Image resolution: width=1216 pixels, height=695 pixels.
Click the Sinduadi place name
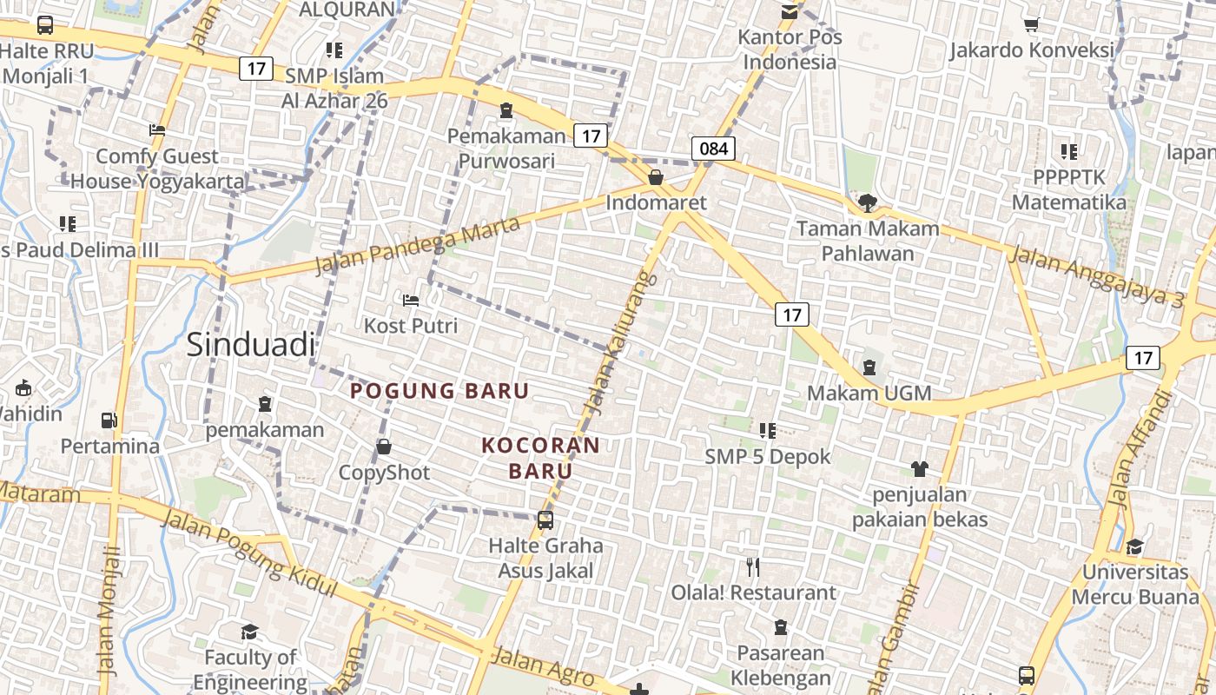(x=251, y=345)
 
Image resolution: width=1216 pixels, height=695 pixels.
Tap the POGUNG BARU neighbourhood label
(x=439, y=391)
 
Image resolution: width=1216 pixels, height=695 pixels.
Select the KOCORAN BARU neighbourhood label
(x=541, y=458)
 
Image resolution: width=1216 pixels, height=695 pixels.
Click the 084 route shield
(x=714, y=148)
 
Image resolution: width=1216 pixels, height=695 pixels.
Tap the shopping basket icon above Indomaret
(x=656, y=177)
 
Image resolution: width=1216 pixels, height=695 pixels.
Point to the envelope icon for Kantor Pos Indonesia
(x=790, y=11)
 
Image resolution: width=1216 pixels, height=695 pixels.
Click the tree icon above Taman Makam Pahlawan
(x=867, y=203)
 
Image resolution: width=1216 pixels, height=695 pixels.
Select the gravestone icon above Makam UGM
(x=869, y=367)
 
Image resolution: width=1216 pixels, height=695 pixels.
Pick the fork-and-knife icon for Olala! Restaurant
(x=753, y=567)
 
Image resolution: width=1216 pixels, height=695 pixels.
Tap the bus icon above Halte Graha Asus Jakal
(x=545, y=520)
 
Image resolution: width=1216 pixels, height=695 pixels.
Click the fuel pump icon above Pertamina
(x=109, y=420)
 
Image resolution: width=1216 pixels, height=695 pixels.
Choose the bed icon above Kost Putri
(x=411, y=301)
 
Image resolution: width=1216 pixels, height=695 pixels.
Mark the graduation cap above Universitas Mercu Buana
(x=1134, y=546)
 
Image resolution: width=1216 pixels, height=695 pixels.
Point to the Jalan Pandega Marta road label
(x=417, y=245)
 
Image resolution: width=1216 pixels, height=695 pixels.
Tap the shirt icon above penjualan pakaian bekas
(x=920, y=469)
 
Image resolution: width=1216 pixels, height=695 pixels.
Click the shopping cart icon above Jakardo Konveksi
(x=1032, y=24)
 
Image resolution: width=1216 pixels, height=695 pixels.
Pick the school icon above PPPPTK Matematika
(x=1069, y=152)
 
